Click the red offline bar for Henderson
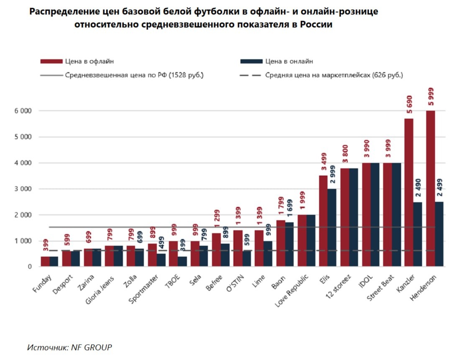(431, 189)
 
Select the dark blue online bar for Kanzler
(418, 234)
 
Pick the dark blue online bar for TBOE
(182, 261)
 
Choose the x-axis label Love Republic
(293, 291)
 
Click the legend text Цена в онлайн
(289, 61)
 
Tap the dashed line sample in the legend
(250, 76)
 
